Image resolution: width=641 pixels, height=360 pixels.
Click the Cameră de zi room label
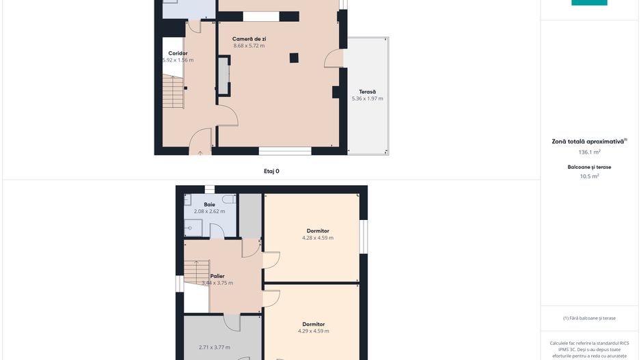click(249, 39)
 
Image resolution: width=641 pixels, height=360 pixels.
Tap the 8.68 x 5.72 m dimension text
click(249, 46)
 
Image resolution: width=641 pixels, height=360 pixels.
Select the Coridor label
click(178, 53)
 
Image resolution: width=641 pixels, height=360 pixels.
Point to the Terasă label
click(367, 92)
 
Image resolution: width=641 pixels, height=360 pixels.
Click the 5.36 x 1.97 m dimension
click(368, 98)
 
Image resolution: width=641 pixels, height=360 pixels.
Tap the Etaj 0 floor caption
click(271, 171)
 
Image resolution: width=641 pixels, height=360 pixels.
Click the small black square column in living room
click(294, 58)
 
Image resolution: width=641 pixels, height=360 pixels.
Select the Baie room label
click(209, 204)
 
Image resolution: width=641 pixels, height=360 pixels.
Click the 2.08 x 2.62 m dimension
click(209, 211)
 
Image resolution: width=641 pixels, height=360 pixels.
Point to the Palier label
click(217, 276)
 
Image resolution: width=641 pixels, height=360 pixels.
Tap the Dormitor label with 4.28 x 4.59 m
click(318, 231)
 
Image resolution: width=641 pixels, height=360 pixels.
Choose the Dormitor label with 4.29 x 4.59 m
click(314, 324)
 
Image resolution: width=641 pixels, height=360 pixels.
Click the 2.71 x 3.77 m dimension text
click(214, 347)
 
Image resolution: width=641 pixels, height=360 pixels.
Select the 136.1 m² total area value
click(589, 152)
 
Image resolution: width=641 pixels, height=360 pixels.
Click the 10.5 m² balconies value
click(589, 176)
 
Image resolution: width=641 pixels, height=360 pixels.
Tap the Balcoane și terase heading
click(589, 167)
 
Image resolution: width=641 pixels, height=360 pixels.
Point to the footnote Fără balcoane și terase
click(589, 318)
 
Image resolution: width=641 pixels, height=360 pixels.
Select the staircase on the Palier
click(197, 273)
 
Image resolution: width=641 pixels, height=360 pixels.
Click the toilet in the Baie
click(229, 199)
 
